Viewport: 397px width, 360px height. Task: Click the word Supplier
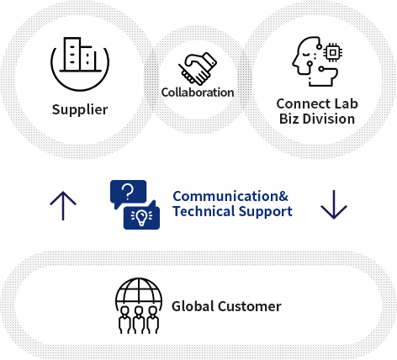[80, 109]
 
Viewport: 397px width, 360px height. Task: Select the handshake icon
[198, 69]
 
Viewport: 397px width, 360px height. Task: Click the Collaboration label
[198, 93]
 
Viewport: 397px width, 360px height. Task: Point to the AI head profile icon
[315, 61]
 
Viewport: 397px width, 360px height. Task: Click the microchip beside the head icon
[333, 52]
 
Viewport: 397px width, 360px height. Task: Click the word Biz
[288, 119]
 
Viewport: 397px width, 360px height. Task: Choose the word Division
[329, 119]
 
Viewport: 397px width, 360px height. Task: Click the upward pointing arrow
[63, 205]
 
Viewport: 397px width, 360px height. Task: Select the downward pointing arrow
[334, 204]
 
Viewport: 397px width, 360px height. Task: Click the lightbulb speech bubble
[142, 215]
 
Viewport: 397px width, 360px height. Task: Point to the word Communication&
[230, 196]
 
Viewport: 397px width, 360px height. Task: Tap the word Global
[193, 306]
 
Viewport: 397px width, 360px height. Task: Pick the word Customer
[250, 306]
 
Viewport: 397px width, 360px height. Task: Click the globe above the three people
[139, 293]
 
